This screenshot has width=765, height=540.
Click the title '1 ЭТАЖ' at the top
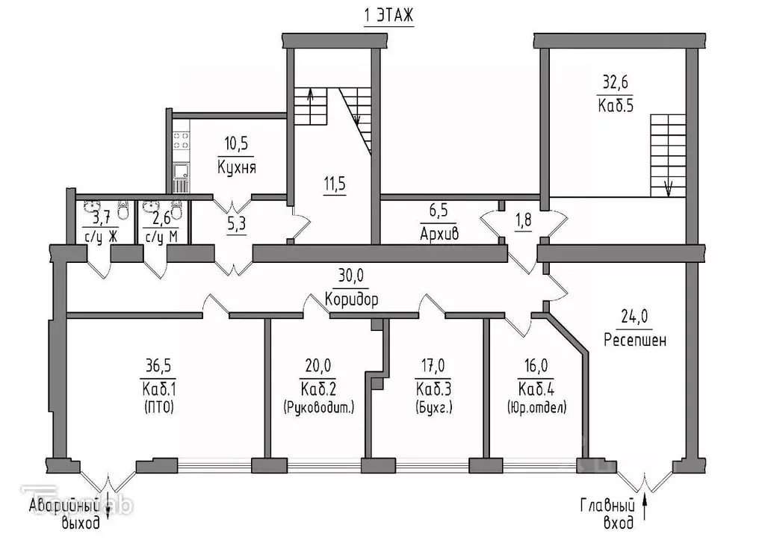click(388, 16)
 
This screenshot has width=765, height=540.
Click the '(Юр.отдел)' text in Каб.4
click(536, 408)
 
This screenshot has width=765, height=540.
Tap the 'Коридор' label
click(351, 300)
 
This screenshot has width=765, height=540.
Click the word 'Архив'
click(439, 233)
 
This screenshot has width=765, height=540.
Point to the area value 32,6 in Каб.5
click(618, 83)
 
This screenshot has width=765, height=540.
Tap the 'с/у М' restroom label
click(161, 238)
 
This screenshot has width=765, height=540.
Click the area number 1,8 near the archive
click(523, 220)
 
